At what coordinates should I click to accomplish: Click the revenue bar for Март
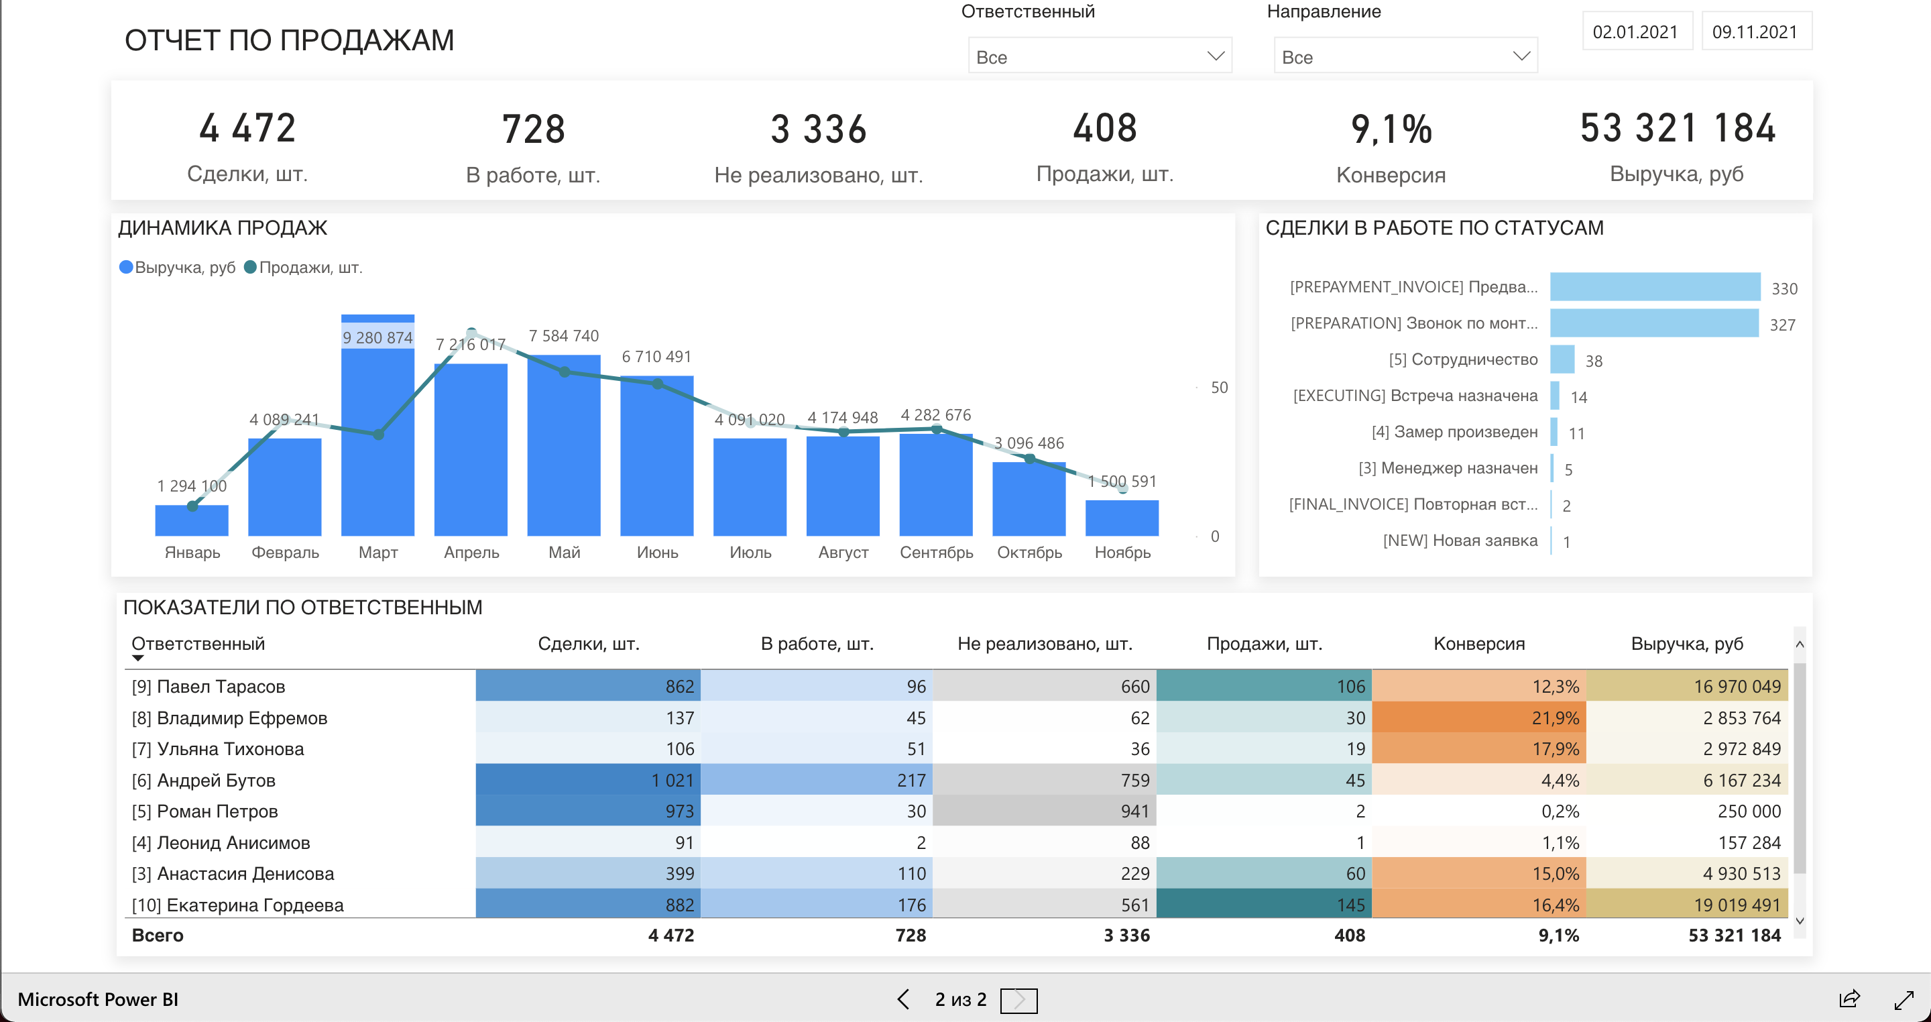[377, 450]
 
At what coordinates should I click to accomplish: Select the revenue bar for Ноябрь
[1122, 518]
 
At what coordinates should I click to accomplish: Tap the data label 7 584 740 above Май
[564, 336]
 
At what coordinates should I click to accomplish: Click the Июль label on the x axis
[750, 553]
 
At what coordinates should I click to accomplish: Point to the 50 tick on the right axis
[1219, 388]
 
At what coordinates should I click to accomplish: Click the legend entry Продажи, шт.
[310, 268]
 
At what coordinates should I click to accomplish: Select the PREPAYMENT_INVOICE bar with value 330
[1654, 287]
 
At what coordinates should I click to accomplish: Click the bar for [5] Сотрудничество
[1562, 360]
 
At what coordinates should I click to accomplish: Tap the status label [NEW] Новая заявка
[1460, 541]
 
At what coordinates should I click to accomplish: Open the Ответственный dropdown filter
[1099, 57]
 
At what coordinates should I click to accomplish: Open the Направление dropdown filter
[1405, 57]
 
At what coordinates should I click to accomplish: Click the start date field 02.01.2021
[1636, 32]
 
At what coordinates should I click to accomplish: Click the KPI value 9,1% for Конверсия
[1391, 129]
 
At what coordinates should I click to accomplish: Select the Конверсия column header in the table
[1478, 644]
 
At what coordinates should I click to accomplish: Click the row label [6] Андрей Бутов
[216, 781]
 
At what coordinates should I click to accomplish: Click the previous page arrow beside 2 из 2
[903, 999]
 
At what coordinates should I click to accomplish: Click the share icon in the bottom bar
[1849, 999]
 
